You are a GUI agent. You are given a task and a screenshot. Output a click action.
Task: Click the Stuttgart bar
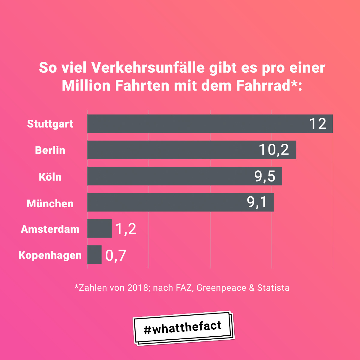tap(195, 124)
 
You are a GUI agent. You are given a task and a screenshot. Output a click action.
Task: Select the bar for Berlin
tap(174, 150)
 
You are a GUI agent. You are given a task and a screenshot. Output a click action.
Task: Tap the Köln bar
tap(168, 176)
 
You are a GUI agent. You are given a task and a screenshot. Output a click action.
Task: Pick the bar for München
tap(165, 202)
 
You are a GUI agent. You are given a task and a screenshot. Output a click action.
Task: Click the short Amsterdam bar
tap(99, 229)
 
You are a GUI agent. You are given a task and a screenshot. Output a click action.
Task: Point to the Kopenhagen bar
tap(94, 255)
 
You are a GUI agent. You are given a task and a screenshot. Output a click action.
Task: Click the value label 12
tap(318, 124)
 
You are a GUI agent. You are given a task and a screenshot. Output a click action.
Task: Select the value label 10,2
tap(274, 150)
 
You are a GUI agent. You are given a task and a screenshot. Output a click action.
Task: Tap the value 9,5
tap(265, 176)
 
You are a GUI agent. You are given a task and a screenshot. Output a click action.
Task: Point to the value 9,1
tap(257, 202)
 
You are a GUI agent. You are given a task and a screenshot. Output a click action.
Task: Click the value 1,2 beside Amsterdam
tap(126, 229)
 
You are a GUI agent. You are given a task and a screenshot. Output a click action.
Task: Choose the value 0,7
tap(116, 255)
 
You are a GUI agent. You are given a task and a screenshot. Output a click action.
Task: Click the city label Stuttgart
tap(50, 124)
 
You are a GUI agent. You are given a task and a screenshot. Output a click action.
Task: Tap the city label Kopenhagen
tap(50, 255)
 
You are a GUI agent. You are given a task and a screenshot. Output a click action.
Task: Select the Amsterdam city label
tap(50, 229)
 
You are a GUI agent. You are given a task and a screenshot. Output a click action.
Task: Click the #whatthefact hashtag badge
tap(183, 328)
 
